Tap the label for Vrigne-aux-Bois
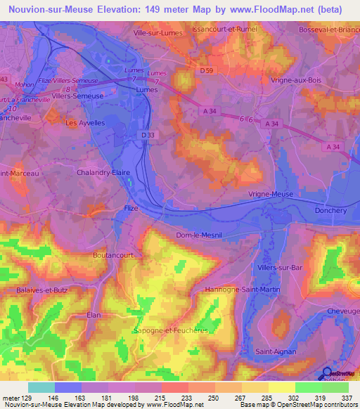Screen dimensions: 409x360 pyautogui.click(x=295, y=79)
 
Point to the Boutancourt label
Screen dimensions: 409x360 pyautogui.click(x=112, y=256)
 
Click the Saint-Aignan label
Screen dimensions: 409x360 pyautogui.click(x=275, y=351)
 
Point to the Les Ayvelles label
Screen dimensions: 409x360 pyautogui.click(x=84, y=122)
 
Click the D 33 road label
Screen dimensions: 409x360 pyautogui.click(x=147, y=135)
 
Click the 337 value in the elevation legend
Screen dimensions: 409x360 pyautogui.click(x=346, y=397)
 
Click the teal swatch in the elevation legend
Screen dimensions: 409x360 pyautogui.click(x=41, y=387)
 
